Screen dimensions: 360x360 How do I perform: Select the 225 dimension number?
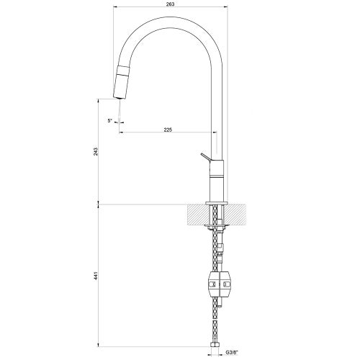point(168,130)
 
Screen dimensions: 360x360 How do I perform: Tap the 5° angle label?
point(109,120)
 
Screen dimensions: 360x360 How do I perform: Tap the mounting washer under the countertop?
point(218,228)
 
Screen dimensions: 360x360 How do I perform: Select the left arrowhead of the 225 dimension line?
point(122,133)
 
